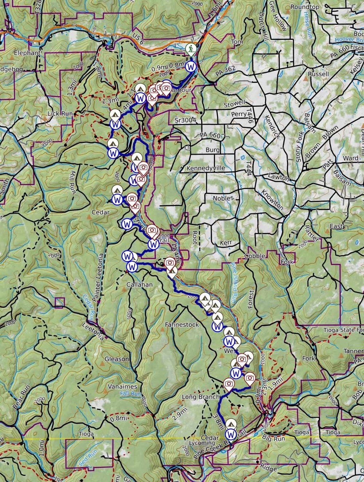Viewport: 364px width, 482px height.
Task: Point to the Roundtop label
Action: tap(305, 7)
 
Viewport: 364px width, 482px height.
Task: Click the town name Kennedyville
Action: tap(206, 168)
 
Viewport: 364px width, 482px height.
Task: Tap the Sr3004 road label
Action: tap(185, 119)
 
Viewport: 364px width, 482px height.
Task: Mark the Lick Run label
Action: tap(60, 113)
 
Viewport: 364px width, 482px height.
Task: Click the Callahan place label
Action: tap(139, 284)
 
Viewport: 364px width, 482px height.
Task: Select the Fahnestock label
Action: tap(182, 324)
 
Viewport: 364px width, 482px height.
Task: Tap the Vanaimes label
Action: tap(122, 386)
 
